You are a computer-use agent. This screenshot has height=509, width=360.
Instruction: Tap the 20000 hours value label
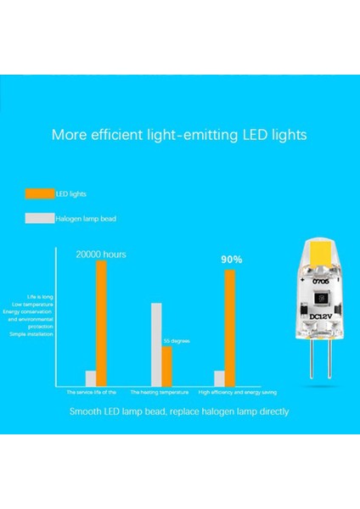tap(101, 254)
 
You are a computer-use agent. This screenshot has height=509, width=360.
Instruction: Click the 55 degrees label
tap(176, 340)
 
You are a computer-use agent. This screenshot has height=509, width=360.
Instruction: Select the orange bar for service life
tap(102, 323)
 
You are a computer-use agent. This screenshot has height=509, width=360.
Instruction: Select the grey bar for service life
tap(91, 378)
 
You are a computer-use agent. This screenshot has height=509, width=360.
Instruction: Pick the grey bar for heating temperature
tap(156, 344)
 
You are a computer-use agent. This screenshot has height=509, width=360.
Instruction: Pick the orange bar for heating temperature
tap(167, 366)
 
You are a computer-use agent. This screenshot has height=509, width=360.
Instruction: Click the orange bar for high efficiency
tap(229, 327)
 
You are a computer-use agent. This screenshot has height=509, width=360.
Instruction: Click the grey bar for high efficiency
tap(219, 378)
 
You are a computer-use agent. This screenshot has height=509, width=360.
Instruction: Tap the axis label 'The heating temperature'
tap(159, 393)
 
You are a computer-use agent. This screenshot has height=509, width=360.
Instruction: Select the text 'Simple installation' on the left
tap(31, 334)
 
